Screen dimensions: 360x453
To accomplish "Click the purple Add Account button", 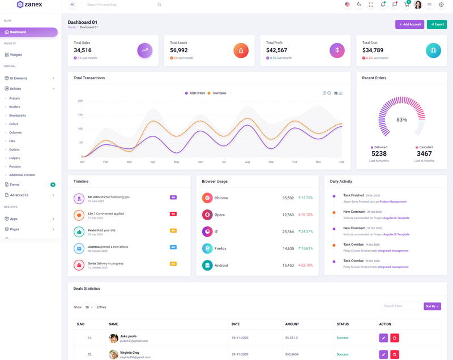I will (409, 24).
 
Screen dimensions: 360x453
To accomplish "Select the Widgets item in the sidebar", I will (16, 55).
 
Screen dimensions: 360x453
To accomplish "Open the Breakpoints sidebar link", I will (18, 115).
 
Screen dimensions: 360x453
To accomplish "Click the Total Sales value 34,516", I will (83, 50).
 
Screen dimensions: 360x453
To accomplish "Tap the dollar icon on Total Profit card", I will (337, 50).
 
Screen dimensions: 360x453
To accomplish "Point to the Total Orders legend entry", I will (195, 93).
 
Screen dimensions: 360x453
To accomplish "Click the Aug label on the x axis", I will (247, 162).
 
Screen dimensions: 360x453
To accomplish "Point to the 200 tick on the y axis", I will (80, 101).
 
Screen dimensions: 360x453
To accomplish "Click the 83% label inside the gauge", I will (401, 119).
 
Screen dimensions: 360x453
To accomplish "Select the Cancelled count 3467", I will (424, 153).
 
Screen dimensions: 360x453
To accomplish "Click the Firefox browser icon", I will (207, 248).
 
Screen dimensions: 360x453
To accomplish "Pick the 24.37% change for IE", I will (305, 232).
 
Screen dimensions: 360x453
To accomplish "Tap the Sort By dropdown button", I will (432, 306).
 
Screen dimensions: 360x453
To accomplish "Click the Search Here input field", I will (401, 306).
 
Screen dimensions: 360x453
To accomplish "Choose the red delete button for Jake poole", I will (395, 338).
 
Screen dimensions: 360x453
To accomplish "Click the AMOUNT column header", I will (292, 324).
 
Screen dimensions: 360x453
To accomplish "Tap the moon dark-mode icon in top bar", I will (359, 5).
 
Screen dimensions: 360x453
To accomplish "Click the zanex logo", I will (29, 5).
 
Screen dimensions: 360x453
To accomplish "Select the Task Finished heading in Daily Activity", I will (353, 195).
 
